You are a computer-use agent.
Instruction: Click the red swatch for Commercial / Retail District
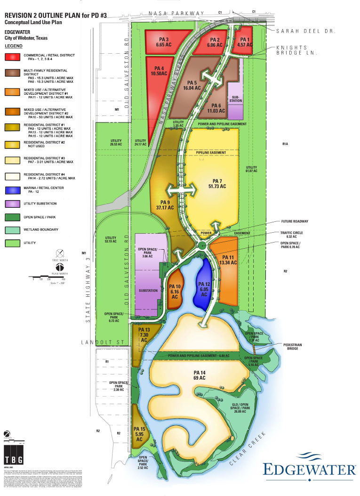(x=13, y=57)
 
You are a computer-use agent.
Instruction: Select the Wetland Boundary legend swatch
(x=13, y=229)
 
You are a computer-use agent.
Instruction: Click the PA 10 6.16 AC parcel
(x=175, y=292)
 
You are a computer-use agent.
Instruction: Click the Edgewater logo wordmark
(x=309, y=469)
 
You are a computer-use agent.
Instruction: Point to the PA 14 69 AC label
(x=200, y=375)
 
